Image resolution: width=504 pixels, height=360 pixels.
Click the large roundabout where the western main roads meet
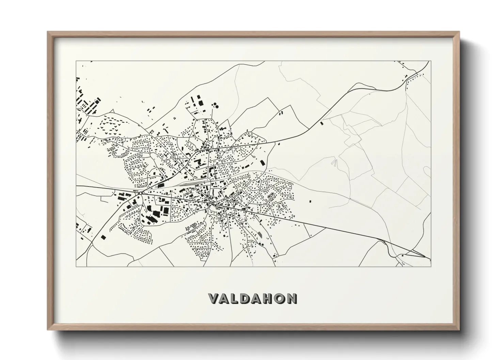(x=140, y=193)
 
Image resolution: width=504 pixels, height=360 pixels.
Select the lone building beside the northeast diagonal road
(x=321, y=123)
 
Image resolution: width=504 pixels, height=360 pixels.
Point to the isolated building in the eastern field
(x=310, y=201)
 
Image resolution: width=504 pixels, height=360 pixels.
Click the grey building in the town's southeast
(x=261, y=234)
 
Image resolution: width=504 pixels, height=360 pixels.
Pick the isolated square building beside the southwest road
(x=103, y=237)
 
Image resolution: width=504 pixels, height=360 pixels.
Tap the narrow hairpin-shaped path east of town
(x=335, y=163)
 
